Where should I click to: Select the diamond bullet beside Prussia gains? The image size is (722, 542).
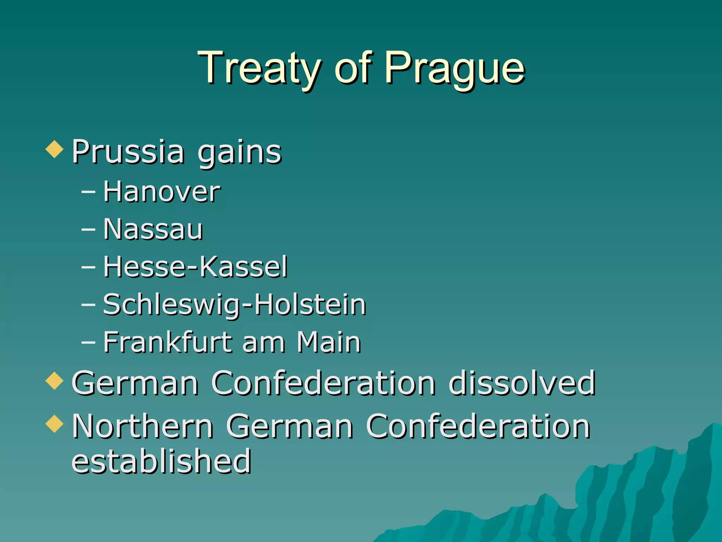pos(55,149)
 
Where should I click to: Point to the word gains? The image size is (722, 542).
pos(239,152)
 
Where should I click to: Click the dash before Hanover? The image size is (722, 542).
pos(88,192)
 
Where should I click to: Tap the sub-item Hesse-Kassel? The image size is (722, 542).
pos(195,267)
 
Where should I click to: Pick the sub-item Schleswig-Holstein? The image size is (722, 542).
pos(234,305)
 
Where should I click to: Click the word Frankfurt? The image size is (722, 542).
pos(167,342)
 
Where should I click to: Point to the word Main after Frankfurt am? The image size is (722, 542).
pos(329,342)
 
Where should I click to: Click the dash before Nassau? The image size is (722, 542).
pos(88,230)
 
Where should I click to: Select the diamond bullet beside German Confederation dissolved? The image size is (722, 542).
pos(55,381)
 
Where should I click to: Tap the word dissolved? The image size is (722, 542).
pos(522,383)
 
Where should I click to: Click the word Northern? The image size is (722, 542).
pos(142,426)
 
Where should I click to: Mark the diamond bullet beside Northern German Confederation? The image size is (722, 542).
pos(55,423)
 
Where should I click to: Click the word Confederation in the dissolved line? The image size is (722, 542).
pos(323,383)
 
